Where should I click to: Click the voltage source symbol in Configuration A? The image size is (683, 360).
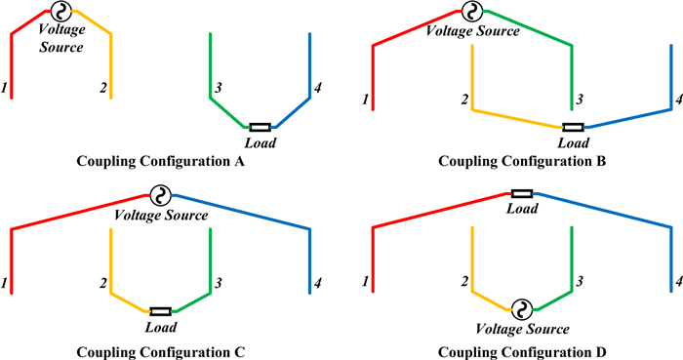pos(60,13)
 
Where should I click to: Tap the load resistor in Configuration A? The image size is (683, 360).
pos(261,127)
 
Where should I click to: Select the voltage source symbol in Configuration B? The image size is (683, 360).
pos(471,13)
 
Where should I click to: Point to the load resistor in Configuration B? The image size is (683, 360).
pos(574,127)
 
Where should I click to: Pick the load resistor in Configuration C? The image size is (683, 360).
pos(161,311)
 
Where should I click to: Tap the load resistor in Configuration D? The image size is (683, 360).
pos(522,194)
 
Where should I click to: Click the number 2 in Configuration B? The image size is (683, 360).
pos(465,100)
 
